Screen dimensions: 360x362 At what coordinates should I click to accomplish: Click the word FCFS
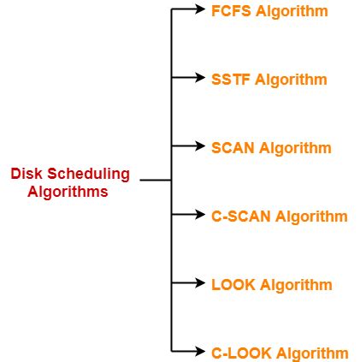pos(231,11)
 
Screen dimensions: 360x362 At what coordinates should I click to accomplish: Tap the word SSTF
pos(231,80)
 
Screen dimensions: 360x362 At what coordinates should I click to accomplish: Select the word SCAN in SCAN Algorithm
pos(233,148)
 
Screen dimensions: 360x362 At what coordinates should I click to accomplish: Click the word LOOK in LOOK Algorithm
pos(233,285)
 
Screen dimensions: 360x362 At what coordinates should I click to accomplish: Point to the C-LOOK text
pos(241,353)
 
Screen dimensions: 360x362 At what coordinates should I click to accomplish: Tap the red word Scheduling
pos(88,175)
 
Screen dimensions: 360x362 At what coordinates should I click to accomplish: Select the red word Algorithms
pos(68,192)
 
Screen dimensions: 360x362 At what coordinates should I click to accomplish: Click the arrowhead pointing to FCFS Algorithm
pos(200,9)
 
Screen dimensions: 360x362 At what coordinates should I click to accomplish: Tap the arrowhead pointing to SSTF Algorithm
pos(200,77)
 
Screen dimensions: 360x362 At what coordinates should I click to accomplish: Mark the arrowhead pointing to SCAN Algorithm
pos(200,145)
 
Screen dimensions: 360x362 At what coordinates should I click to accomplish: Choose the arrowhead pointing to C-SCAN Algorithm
pos(200,214)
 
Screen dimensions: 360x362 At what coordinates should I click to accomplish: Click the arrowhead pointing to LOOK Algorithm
pos(200,282)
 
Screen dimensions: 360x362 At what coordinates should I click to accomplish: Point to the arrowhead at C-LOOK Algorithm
pos(200,351)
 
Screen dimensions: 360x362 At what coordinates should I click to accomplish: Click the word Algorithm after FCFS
pos(292,12)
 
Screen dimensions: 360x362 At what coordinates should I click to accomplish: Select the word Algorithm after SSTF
pos(291,80)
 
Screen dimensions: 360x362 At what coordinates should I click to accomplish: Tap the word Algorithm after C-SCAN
pos(311,217)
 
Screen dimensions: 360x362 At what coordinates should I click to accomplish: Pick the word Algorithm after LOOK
pos(296,286)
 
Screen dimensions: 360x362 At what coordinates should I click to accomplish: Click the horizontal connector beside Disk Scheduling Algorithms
pos(156,180)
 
